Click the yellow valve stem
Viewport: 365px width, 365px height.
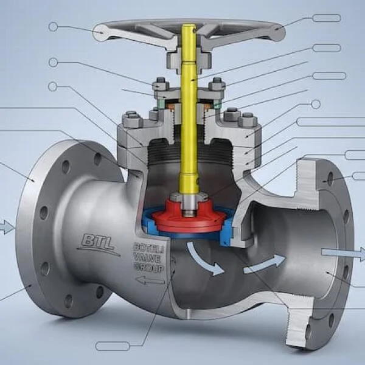tap(189, 122)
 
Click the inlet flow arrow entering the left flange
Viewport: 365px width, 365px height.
tap(6, 228)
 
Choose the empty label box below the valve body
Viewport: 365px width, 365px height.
tap(113, 346)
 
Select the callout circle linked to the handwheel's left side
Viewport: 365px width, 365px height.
tap(53, 26)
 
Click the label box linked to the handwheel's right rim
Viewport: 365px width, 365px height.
tap(326, 18)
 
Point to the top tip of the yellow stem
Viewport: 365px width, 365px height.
tap(189, 27)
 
